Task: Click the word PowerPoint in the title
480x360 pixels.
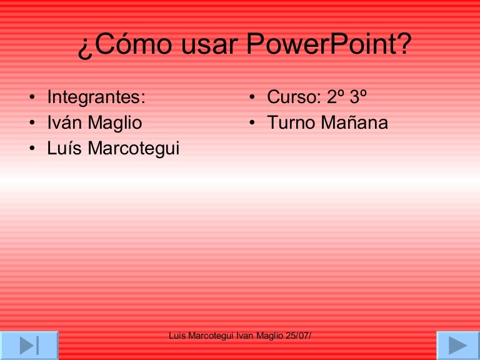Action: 329,45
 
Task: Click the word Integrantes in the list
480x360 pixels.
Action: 96,97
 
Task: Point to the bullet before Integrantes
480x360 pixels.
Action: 31,98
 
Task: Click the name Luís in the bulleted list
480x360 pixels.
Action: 65,149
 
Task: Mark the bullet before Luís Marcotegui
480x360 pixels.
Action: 31,149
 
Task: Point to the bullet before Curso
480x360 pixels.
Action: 251,98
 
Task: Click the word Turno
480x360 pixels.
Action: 291,123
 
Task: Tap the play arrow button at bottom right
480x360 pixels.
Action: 457,346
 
